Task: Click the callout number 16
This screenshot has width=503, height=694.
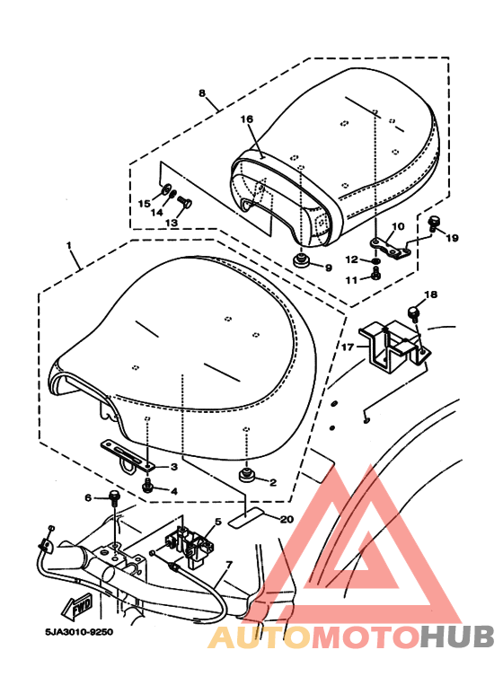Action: pos(247,119)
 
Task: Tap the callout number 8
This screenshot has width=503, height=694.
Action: pos(202,93)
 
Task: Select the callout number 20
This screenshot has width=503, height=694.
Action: pos(287,519)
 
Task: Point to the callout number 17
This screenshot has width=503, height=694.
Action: pos(348,347)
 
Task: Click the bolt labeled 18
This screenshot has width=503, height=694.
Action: pos(413,313)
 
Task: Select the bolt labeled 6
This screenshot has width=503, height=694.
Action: pos(115,498)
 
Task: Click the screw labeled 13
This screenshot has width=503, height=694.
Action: pos(184,202)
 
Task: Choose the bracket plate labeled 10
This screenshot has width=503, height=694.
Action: pos(391,249)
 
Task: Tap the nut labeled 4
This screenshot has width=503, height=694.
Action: pos(147,487)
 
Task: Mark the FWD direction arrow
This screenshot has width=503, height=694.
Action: pos(78,608)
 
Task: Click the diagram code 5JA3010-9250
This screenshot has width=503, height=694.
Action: pos(79,632)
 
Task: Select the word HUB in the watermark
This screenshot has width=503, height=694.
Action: pos(456,637)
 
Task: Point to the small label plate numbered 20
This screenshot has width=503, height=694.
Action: pos(246,518)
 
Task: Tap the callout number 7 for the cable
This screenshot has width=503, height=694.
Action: pos(229,566)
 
